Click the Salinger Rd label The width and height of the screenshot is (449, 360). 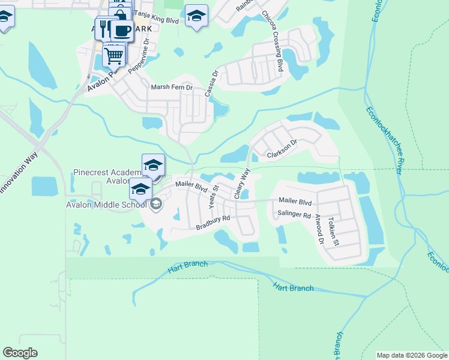(294, 214)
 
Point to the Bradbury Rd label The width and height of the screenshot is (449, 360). (213, 222)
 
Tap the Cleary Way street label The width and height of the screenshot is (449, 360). (242, 183)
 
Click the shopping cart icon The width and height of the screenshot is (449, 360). (114, 56)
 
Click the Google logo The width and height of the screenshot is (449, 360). (20, 353)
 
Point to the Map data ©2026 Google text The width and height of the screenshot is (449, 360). (411, 355)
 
